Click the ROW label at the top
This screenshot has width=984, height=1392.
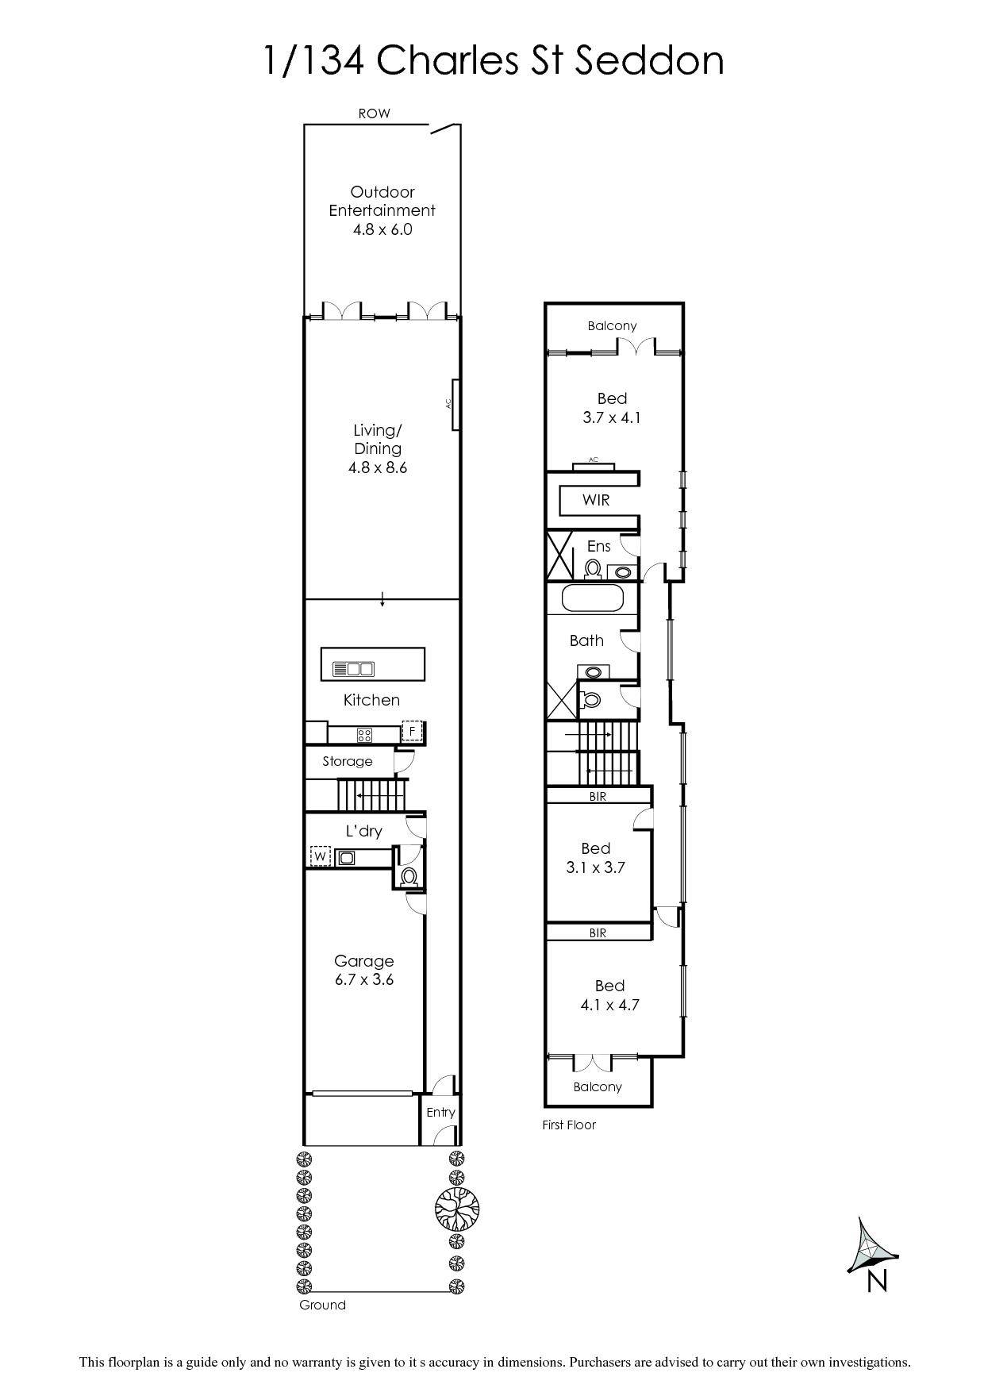pos(374,113)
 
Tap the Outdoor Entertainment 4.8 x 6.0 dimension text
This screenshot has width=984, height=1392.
pos(382,229)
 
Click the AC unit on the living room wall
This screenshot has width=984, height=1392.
pos(455,404)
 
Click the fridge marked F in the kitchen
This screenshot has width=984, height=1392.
pos(412,730)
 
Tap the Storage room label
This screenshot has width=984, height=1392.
pos(347,761)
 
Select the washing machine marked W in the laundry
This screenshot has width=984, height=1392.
pos(320,857)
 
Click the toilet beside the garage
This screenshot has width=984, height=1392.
pos(409,877)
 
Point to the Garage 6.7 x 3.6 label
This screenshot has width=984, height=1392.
pos(363,970)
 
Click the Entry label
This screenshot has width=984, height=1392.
pos(440,1112)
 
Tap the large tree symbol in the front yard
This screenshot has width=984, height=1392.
pos(456,1208)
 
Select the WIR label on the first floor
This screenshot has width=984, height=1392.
pos(596,500)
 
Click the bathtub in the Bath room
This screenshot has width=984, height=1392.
pos(593,598)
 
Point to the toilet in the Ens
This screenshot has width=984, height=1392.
pos(592,569)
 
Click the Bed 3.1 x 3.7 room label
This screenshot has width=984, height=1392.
pos(595,858)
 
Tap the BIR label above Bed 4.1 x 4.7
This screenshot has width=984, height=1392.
pos(598,933)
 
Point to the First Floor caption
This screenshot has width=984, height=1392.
pos(568,1125)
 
